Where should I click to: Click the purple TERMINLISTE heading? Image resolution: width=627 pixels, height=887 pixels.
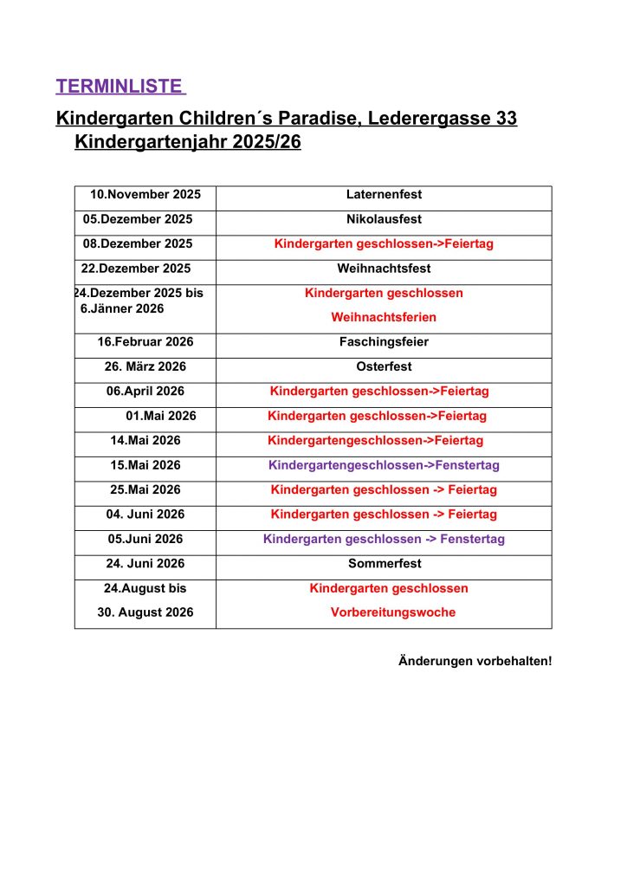[x=120, y=87]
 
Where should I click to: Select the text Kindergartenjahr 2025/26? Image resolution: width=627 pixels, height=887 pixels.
[x=188, y=142]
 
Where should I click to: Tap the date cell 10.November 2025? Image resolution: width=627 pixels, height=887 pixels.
[x=145, y=195]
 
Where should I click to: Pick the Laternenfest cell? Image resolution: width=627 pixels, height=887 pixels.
[x=384, y=195]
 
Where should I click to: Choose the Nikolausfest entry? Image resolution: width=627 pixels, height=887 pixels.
[x=384, y=219]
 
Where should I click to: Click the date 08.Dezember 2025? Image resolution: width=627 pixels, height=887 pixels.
[x=138, y=244]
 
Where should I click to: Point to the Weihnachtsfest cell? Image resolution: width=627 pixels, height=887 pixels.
[x=384, y=269]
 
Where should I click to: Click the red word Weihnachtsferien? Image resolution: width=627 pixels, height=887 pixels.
[x=384, y=318]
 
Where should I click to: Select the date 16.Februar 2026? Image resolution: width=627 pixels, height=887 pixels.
[x=145, y=342]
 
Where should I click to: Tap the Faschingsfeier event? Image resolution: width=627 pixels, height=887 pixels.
[x=384, y=342]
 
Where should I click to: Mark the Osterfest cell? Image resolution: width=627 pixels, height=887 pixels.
[x=384, y=366]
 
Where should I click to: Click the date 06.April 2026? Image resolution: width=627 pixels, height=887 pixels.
[x=145, y=392]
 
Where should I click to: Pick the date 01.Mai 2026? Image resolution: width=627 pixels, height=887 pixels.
[x=161, y=416]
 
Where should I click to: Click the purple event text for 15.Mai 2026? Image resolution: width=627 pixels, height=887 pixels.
[x=384, y=465]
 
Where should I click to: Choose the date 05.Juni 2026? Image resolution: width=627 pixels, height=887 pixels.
[x=145, y=539]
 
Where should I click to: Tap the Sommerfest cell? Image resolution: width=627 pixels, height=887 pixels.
[x=384, y=564]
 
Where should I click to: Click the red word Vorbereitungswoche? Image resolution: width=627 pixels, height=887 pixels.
[x=392, y=612]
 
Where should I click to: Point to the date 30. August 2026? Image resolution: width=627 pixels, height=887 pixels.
[x=145, y=612]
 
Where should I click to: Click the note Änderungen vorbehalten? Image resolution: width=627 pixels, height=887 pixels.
[x=475, y=662]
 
